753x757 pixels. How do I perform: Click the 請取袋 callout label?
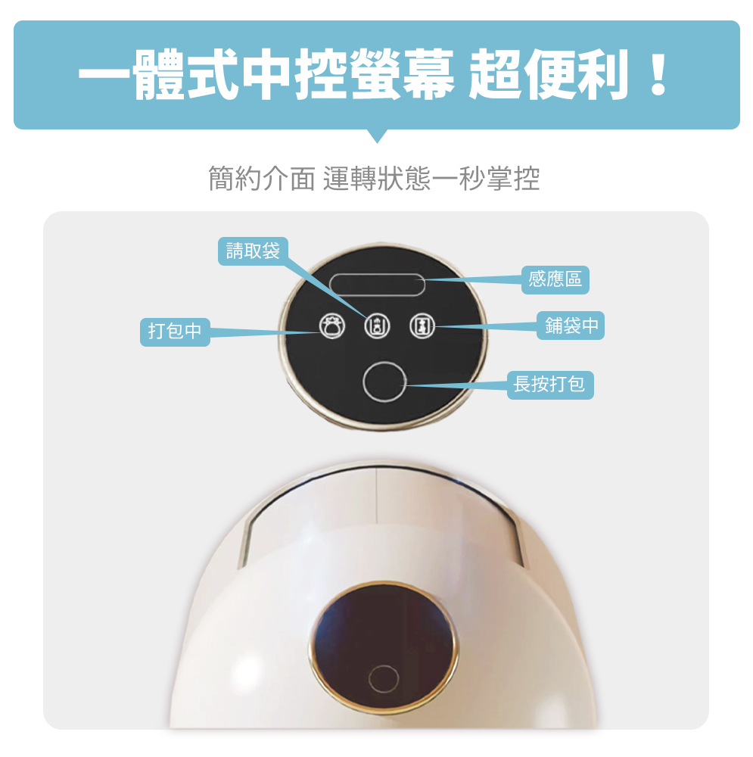point(253,251)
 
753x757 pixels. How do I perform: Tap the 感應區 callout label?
point(555,279)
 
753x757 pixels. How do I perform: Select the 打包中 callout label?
point(175,332)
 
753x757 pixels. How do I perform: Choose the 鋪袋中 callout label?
point(571,326)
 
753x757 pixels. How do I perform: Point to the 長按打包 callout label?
point(550,385)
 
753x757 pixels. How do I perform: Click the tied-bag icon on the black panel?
point(332,326)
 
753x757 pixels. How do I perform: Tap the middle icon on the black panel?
point(377,326)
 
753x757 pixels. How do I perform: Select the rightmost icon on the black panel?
point(422,326)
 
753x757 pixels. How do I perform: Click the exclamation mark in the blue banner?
point(658,73)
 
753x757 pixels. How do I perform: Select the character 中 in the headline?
point(267,74)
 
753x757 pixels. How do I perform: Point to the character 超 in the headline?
point(495,74)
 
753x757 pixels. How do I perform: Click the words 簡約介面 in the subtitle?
point(261,179)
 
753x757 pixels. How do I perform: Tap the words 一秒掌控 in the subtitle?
point(485,179)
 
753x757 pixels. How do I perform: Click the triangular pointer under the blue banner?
point(377,136)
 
